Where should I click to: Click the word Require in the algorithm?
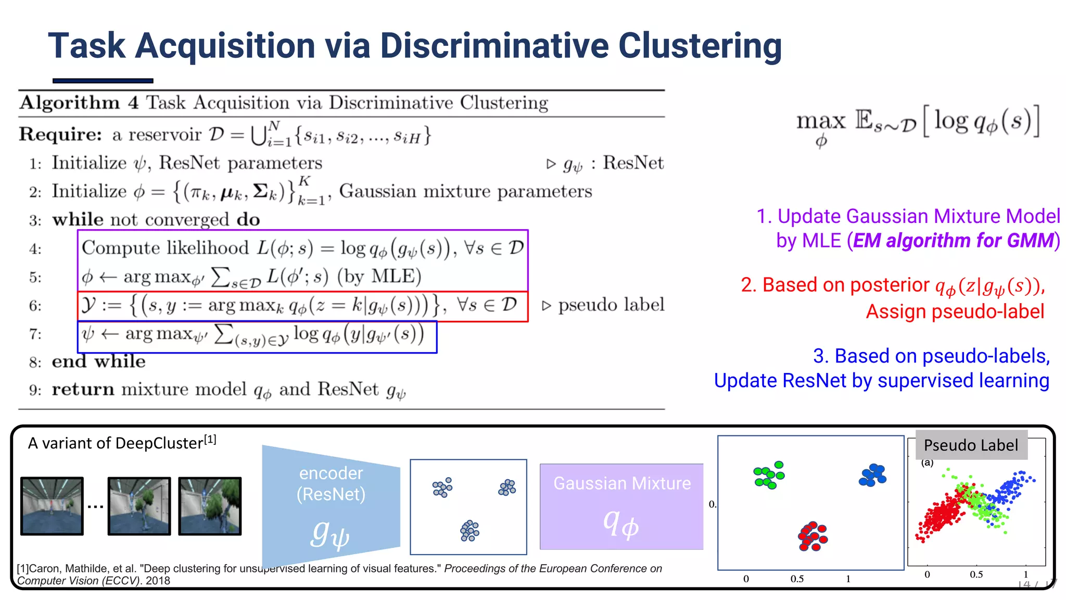pos(60,134)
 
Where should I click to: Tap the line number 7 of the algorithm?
pos(35,334)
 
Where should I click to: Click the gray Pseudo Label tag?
pos(971,445)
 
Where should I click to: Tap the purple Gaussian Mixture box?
pos(621,506)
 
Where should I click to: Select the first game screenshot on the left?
pos(52,506)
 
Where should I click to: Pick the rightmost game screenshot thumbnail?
pos(210,506)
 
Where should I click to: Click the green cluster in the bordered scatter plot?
pos(769,475)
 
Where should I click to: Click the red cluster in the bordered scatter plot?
pos(813,536)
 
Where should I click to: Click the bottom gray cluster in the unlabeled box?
pos(469,531)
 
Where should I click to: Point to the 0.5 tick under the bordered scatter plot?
pos(797,579)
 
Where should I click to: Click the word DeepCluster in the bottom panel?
pos(159,443)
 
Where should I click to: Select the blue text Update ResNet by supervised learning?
pos(881,381)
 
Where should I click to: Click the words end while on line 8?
pos(98,361)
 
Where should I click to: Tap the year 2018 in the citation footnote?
pos(158,581)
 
